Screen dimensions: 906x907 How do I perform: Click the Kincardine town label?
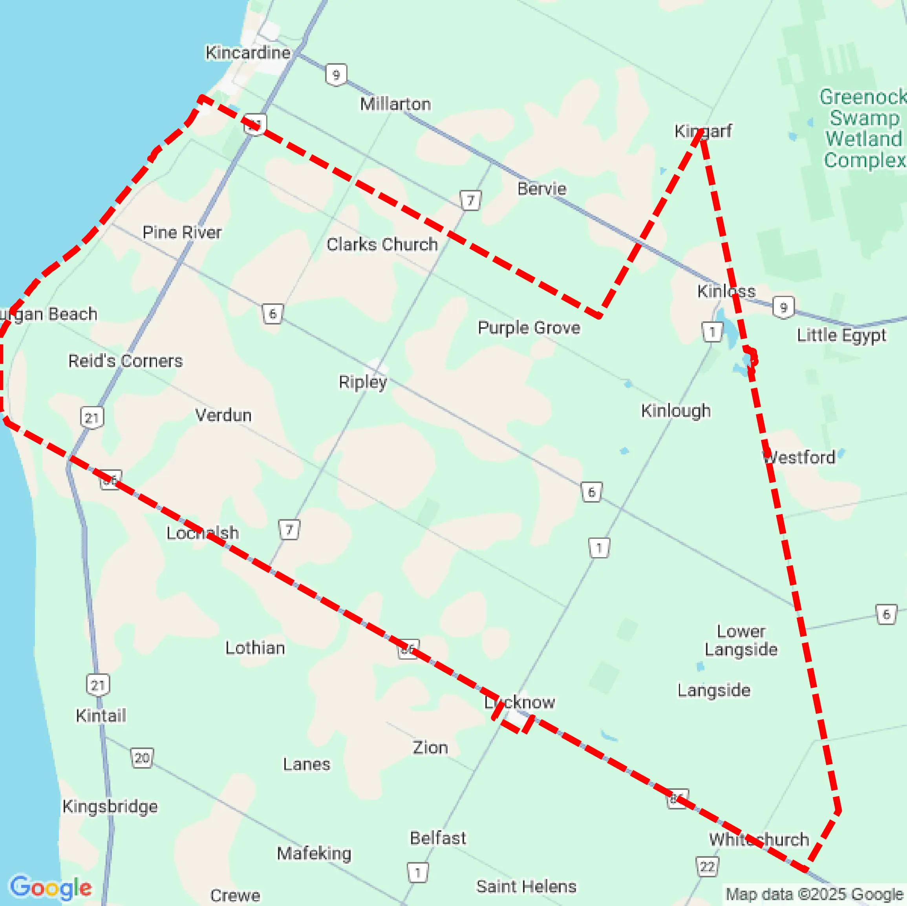coord(248,53)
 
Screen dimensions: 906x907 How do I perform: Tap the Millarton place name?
coord(395,104)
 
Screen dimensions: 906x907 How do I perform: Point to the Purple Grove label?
coord(528,328)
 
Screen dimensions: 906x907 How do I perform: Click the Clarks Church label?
coord(382,244)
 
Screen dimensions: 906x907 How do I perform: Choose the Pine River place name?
coord(182,232)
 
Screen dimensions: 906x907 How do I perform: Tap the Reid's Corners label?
coord(125,361)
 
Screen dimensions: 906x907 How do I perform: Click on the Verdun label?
coord(223,415)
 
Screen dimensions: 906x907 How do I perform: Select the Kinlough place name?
coord(676,410)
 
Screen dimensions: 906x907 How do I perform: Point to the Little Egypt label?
coord(841,335)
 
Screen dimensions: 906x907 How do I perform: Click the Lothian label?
coord(255,648)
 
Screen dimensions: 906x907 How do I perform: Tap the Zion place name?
coord(430,747)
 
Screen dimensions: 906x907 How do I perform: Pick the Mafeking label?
coord(314,853)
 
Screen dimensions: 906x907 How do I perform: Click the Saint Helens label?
coord(526,886)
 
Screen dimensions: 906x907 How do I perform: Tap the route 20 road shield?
coord(142,758)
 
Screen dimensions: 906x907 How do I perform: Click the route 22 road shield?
coord(707,866)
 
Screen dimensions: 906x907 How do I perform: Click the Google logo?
coord(51,887)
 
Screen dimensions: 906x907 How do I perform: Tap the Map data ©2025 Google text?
coord(814,894)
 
